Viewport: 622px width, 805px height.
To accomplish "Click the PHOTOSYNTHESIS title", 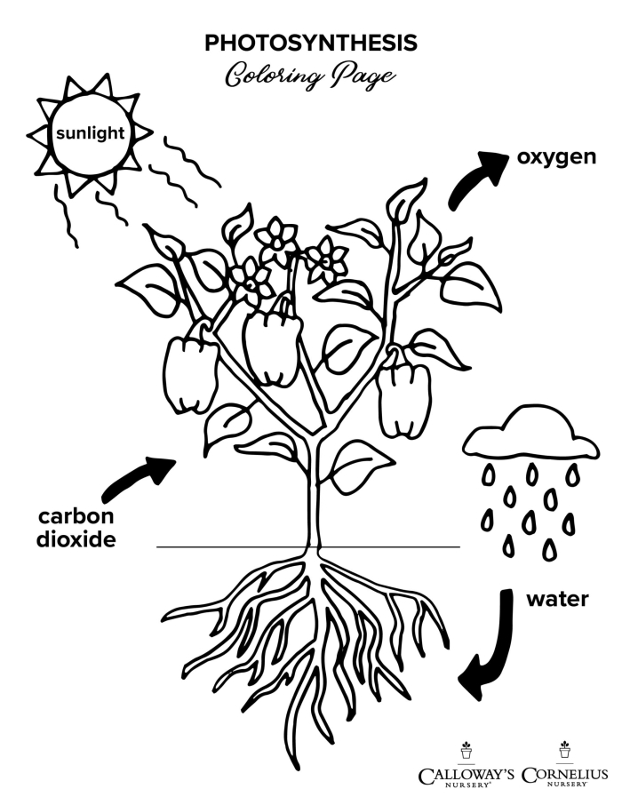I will pyautogui.click(x=311, y=43).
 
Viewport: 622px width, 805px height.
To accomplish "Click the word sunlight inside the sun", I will pyautogui.click(x=90, y=135).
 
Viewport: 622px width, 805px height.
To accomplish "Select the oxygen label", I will pyautogui.click(x=555, y=157).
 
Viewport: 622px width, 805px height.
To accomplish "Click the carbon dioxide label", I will pyautogui.click(x=76, y=528).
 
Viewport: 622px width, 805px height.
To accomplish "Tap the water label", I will pyautogui.click(x=557, y=599).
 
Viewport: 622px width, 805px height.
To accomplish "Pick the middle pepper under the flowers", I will pyautogui.click(x=272, y=347).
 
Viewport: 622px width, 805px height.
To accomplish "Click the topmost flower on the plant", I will pyautogui.click(x=276, y=237).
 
